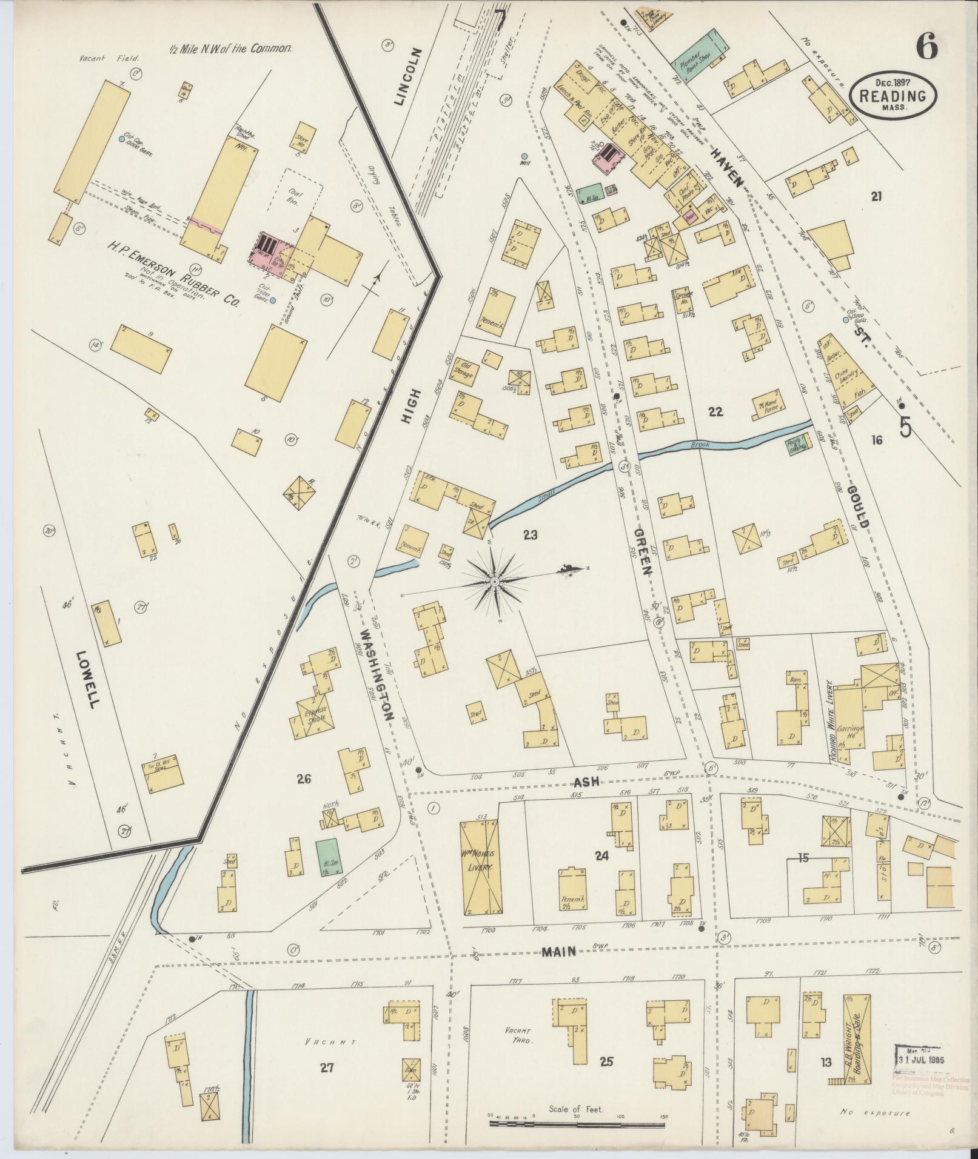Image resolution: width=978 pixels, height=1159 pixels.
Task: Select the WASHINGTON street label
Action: pyautogui.click(x=377, y=673)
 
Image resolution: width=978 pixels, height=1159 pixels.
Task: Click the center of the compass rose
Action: pyautogui.click(x=494, y=581)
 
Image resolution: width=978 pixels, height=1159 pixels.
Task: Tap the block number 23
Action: pyautogui.click(x=531, y=534)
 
